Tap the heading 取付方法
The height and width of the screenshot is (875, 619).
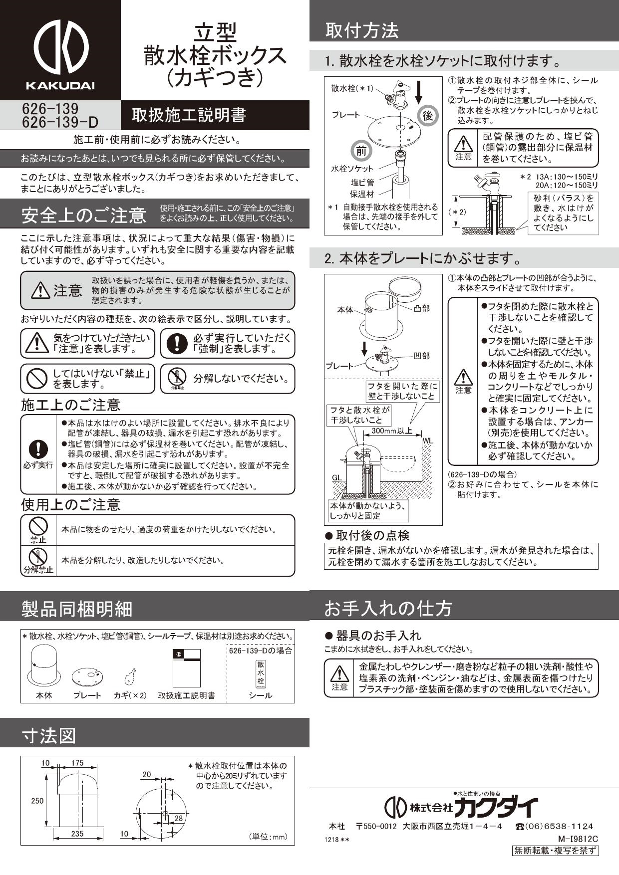(x=362, y=31)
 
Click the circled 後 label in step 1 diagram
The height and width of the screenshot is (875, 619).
(x=428, y=116)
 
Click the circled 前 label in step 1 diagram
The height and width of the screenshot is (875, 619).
(x=361, y=151)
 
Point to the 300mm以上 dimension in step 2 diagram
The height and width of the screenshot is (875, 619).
(x=392, y=431)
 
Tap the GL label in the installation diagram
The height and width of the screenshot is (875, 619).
(x=337, y=477)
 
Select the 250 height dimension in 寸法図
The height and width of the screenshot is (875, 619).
(x=37, y=801)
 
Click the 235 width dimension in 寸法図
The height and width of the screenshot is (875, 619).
(x=77, y=834)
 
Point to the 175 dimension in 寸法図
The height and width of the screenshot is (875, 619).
(x=77, y=763)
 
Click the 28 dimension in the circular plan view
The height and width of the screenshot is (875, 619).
(x=179, y=818)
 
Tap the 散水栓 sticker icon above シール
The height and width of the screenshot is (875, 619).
(x=261, y=673)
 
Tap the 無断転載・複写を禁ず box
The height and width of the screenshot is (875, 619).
(x=556, y=851)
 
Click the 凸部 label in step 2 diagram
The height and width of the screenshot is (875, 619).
(x=422, y=309)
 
